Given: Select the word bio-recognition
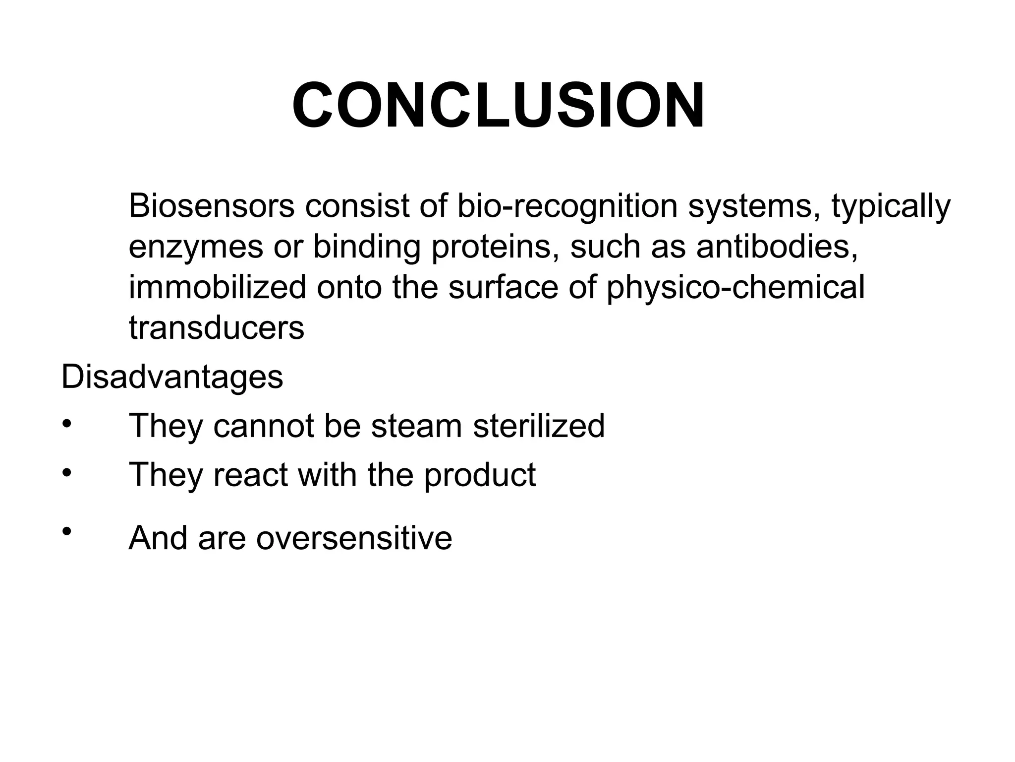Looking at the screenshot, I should tap(566, 207).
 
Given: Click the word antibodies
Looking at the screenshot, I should tap(777, 247).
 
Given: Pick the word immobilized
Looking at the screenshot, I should tap(217, 287).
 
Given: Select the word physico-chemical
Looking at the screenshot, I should tap(736, 288).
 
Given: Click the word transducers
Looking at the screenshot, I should tap(217, 328).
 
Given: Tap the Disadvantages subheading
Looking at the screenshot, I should tap(172, 377).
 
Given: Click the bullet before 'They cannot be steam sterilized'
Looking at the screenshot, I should tap(67, 425).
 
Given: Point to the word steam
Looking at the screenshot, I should tap(416, 427).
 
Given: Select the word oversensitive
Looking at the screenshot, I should tap(354, 538).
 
